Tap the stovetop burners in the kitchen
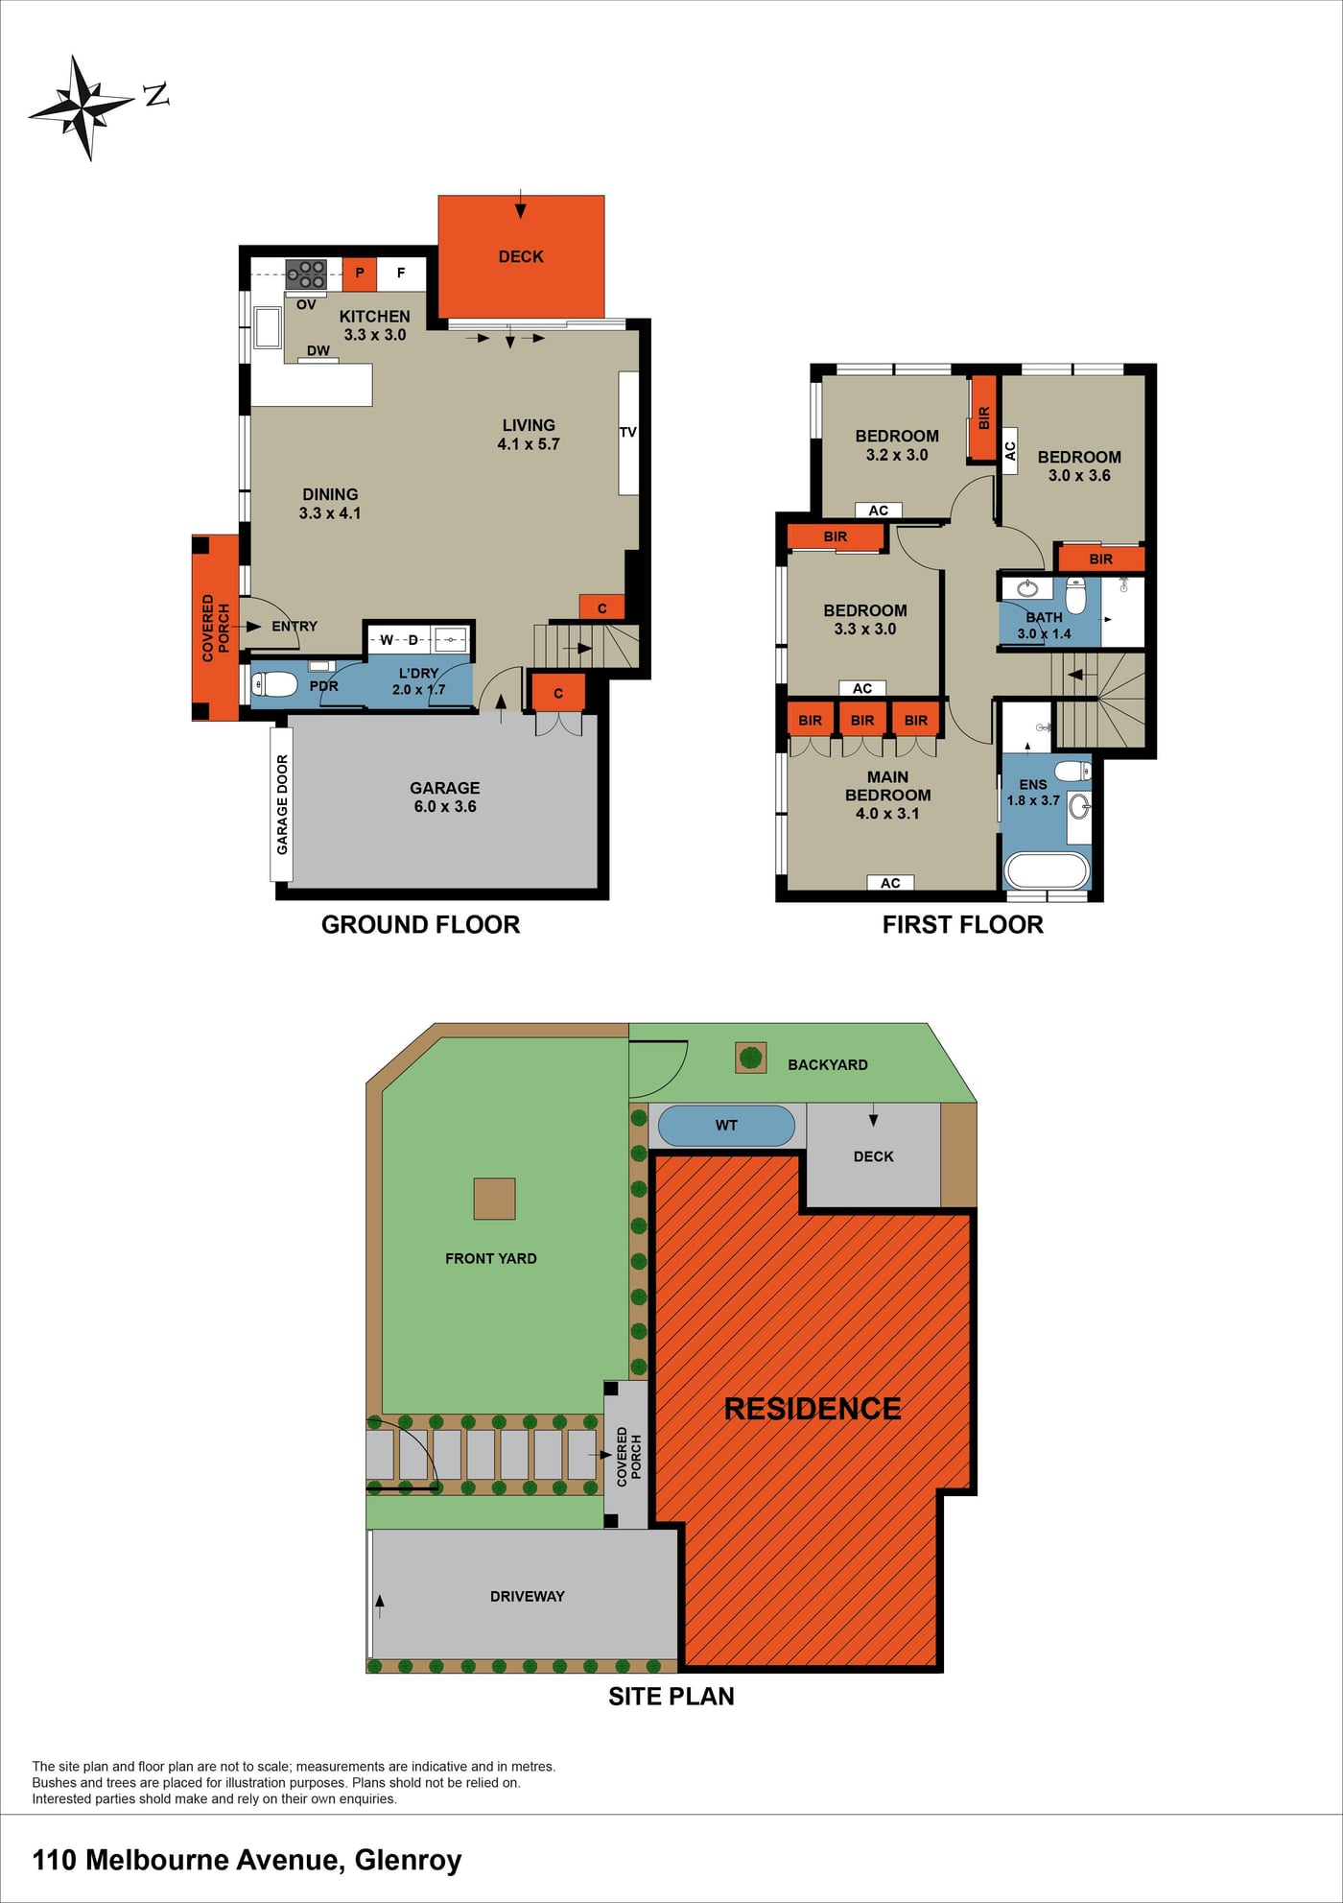[x=306, y=274]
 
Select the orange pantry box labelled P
[x=360, y=274]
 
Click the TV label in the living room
[x=628, y=433]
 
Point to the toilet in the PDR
[x=274, y=684]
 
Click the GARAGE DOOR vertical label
[x=282, y=804]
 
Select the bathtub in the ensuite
[x=1047, y=871]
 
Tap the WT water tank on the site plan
[x=726, y=1126]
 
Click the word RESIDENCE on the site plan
[x=813, y=1409]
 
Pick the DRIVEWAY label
[x=527, y=1596]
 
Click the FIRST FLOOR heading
[x=962, y=924]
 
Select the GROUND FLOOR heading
[x=420, y=924]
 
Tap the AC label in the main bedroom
[x=890, y=883]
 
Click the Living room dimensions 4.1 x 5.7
[x=529, y=444]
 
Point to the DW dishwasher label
[x=318, y=351]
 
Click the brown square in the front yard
[x=494, y=1199]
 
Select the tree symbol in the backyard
[x=751, y=1058]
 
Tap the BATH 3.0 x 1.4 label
[x=1044, y=626]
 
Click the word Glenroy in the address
[x=409, y=1861]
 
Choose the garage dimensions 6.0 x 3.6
[x=445, y=807]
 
